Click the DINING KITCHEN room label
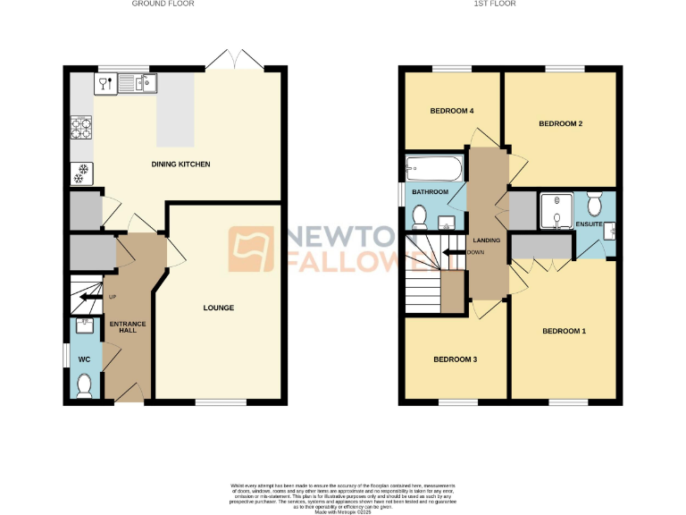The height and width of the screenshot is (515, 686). point(180,165)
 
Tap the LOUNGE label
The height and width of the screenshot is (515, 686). point(218,308)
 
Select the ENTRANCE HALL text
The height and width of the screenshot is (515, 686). point(127,327)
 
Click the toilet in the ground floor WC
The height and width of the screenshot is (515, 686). point(84,384)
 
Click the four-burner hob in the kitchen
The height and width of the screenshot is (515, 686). point(80,128)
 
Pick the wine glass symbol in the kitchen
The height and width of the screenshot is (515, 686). point(104,84)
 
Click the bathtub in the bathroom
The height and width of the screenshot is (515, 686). point(434,167)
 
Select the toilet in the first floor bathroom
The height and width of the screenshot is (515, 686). point(420,215)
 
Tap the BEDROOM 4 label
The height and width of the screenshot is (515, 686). point(451,111)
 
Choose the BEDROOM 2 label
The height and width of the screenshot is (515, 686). point(560,124)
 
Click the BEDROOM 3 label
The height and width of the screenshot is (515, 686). point(455,359)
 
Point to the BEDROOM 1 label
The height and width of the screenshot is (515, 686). point(564,332)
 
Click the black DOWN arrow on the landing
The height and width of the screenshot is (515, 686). point(454,252)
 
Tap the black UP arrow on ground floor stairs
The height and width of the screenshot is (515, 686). point(90,297)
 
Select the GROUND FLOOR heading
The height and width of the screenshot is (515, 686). point(163,4)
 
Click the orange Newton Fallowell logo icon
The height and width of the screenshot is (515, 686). point(252,249)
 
